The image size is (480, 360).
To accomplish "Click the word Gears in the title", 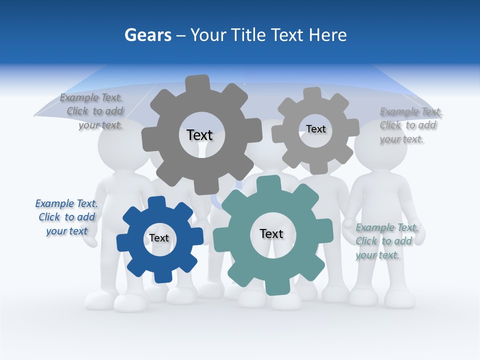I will tap(148, 35).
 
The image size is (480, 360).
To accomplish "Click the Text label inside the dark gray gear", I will tap(199, 135).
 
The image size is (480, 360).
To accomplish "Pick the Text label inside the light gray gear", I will tap(316, 129).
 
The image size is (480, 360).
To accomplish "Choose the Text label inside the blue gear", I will tap(159, 238).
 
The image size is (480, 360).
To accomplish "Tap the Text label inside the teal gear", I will tap(271, 233).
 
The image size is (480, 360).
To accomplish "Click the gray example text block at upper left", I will tap(92, 111).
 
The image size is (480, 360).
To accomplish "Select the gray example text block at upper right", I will tap(410, 125).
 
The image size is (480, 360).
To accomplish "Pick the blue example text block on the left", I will tap(66, 217).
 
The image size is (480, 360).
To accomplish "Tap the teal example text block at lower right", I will tap(386, 241).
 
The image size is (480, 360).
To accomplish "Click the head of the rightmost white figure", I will tap(380, 145).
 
